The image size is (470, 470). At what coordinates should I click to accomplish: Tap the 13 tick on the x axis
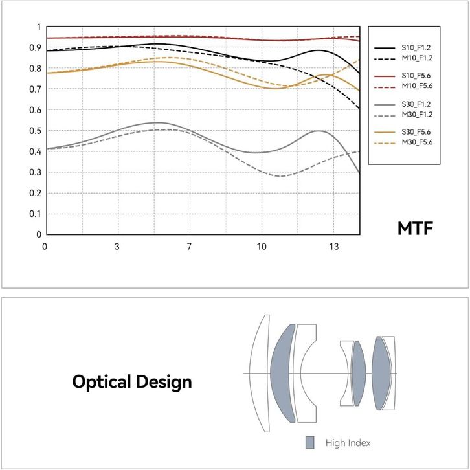(334, 247)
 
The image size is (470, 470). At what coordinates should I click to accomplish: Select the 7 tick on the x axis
(189, 247)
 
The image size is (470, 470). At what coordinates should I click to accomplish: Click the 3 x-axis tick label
(117, 247)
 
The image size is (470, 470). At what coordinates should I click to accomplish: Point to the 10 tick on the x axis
(262, 247)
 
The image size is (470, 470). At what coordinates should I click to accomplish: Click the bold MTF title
(416, 229)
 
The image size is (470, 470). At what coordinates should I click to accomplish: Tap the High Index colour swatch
(311, 443)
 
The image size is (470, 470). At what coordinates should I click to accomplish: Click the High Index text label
(348, 443)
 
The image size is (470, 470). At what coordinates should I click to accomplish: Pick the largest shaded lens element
(282, 374)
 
